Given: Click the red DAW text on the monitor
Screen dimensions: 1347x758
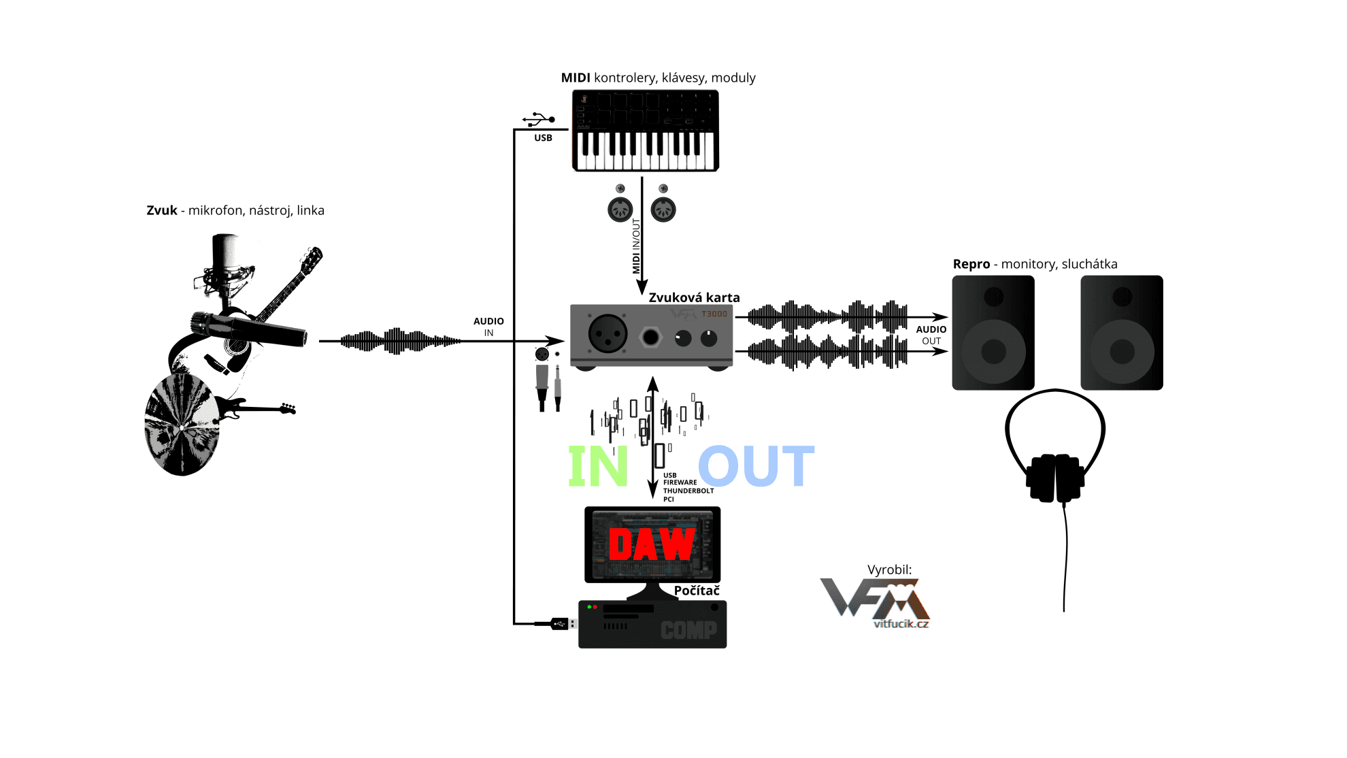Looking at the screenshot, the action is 652,544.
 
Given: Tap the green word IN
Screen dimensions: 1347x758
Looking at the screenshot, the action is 598,466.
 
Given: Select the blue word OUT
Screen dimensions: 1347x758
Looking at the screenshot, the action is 756,466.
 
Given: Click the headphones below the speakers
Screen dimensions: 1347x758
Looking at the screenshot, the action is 1055,476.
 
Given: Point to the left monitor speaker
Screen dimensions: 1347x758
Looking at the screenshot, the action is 993,333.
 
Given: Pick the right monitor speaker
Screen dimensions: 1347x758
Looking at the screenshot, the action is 1122,333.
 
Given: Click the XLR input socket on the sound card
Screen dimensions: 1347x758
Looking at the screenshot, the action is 608,333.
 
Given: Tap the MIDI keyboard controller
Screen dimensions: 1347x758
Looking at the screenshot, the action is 646,131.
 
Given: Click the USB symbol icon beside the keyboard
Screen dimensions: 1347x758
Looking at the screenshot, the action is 538,120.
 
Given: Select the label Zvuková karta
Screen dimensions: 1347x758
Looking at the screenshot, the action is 694,297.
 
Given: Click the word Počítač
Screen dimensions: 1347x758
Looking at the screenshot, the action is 697,591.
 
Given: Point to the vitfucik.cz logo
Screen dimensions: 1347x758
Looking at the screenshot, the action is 876,603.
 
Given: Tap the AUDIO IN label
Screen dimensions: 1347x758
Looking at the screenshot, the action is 488,327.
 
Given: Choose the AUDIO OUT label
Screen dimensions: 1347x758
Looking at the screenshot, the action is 931,335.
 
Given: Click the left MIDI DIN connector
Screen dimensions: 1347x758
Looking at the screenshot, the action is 620,210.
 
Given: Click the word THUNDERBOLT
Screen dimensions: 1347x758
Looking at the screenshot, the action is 688,491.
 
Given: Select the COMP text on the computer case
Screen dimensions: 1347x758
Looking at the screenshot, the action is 688,630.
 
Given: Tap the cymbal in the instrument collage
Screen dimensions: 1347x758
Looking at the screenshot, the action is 182,425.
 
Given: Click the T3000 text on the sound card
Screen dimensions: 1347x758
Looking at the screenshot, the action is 714,314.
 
